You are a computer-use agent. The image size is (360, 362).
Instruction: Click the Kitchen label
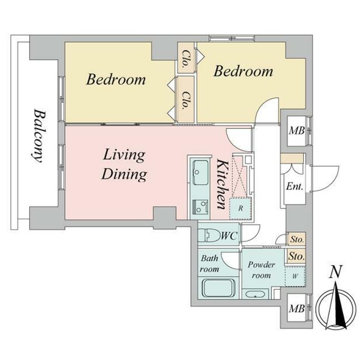(222, 184)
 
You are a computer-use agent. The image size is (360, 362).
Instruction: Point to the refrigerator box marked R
(240, 208)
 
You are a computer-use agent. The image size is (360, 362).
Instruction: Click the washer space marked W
(295, 276)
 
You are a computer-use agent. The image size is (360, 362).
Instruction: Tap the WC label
(229, 236)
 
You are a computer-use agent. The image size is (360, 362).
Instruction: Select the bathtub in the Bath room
(219, 288)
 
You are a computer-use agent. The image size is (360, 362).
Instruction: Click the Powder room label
(261, 270)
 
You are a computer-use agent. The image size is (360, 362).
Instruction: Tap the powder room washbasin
(255, 295)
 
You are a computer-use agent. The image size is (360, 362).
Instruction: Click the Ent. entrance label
(294, 186)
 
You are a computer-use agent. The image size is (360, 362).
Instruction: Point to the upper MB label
(297, 131)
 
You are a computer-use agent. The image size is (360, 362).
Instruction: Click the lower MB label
(297, 309)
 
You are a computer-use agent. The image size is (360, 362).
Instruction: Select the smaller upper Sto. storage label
(297, 239)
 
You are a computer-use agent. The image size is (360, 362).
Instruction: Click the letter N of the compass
(335, 272)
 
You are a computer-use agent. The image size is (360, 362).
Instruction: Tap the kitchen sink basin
(200, 172)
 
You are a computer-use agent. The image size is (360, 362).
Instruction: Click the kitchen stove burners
(200, 206)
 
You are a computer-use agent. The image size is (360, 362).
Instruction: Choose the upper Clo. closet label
(186, 59)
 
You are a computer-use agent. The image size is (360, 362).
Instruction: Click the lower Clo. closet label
(186, 100)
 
